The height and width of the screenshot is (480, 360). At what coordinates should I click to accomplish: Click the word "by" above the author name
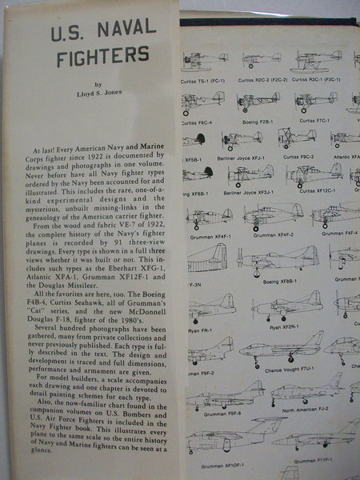tap(98, 82)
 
